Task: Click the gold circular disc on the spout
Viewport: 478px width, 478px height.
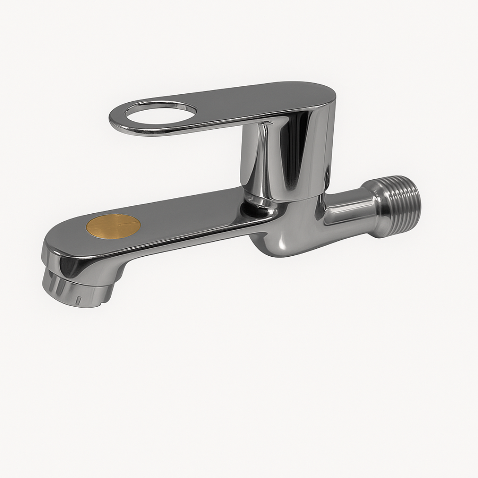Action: pos(113,227)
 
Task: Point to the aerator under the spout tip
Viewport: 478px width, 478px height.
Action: pos(77,290)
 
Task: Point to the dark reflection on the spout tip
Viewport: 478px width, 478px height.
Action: pos(71,266)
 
